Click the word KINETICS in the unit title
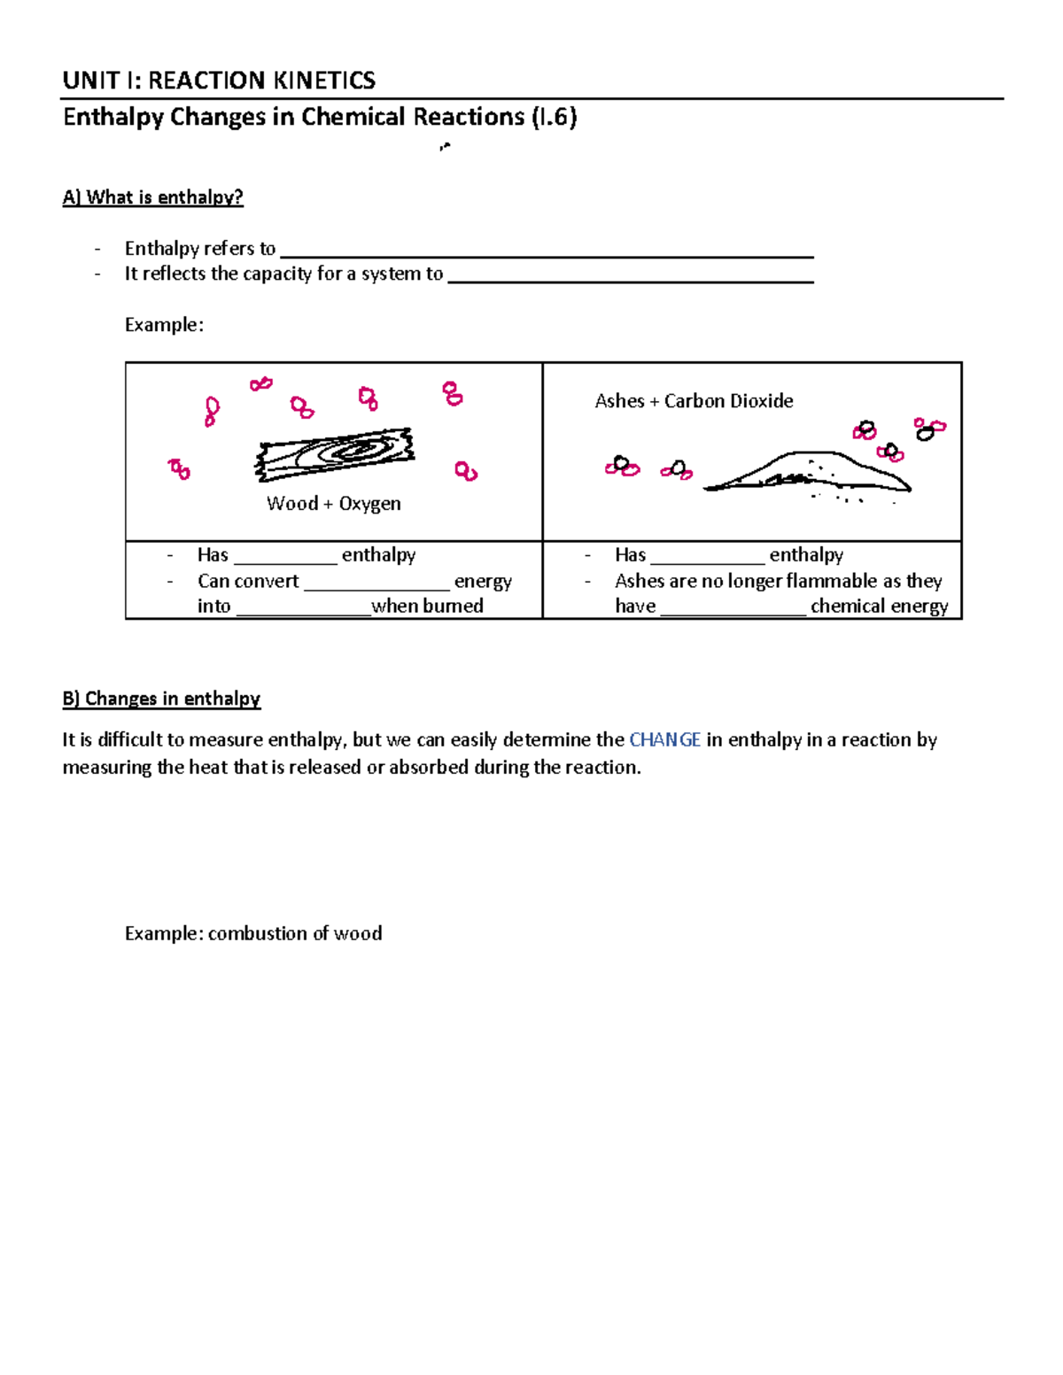(x=324, y=81)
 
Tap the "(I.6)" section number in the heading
(x=554, y=117)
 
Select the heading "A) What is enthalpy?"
(x=152, y=197)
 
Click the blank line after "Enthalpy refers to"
(x=546, y=251)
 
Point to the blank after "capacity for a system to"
(x=630, y=277)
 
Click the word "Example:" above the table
(x=164, y=325)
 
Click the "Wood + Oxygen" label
(x=333, y=504)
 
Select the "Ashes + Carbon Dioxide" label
(x=694, y=401)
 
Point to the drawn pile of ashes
(x=806, y=473)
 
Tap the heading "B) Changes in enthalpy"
(x=161, y=699)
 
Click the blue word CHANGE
(x=664, y=739)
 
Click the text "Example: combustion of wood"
(x=253, y=933)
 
